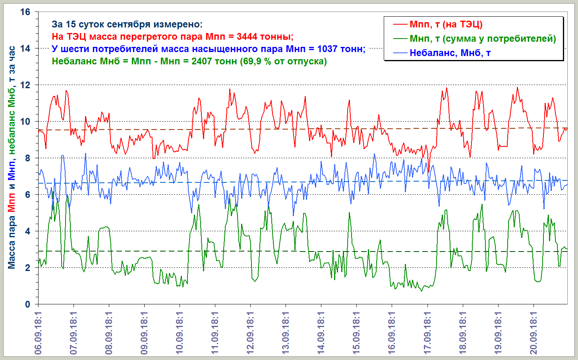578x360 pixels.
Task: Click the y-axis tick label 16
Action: (25, 12)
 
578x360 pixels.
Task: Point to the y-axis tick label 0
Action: (27, 304)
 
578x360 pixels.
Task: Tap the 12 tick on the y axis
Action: (25, 85)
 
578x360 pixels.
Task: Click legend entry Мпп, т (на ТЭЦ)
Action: (446, 25)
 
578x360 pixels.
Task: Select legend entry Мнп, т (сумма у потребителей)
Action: (483, 39)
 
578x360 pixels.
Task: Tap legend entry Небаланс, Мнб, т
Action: (450, 53)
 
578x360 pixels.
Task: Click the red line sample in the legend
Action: (400, 25)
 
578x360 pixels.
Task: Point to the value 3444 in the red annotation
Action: (247, 37)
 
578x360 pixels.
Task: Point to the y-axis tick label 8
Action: (27, 158)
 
